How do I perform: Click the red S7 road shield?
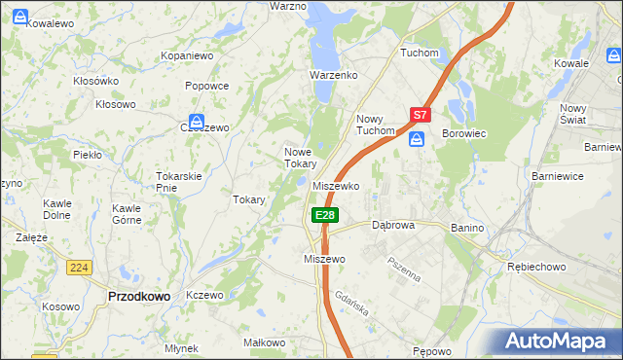click(x=420, y=115)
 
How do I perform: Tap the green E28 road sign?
click(x=325, y=215)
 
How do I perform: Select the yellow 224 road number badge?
click(x=79, y=267)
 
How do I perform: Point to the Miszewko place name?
click(x=337, y=185)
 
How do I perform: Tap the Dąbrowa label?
click(x=393, y=225)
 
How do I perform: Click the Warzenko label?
click(x=334, y=75)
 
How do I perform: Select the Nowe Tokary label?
click(x=300, y=158)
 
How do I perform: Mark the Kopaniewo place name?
click(x=187, y=56)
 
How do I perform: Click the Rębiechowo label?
click(x=535, y=266)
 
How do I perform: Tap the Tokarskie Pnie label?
click(x=178, y=181)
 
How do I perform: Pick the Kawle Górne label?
click(x=128, y=214)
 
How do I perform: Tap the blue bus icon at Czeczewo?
click(x=197, y=124)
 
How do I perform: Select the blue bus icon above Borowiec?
click(x=418, y=140)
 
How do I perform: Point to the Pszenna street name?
click(x=403, y=269)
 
